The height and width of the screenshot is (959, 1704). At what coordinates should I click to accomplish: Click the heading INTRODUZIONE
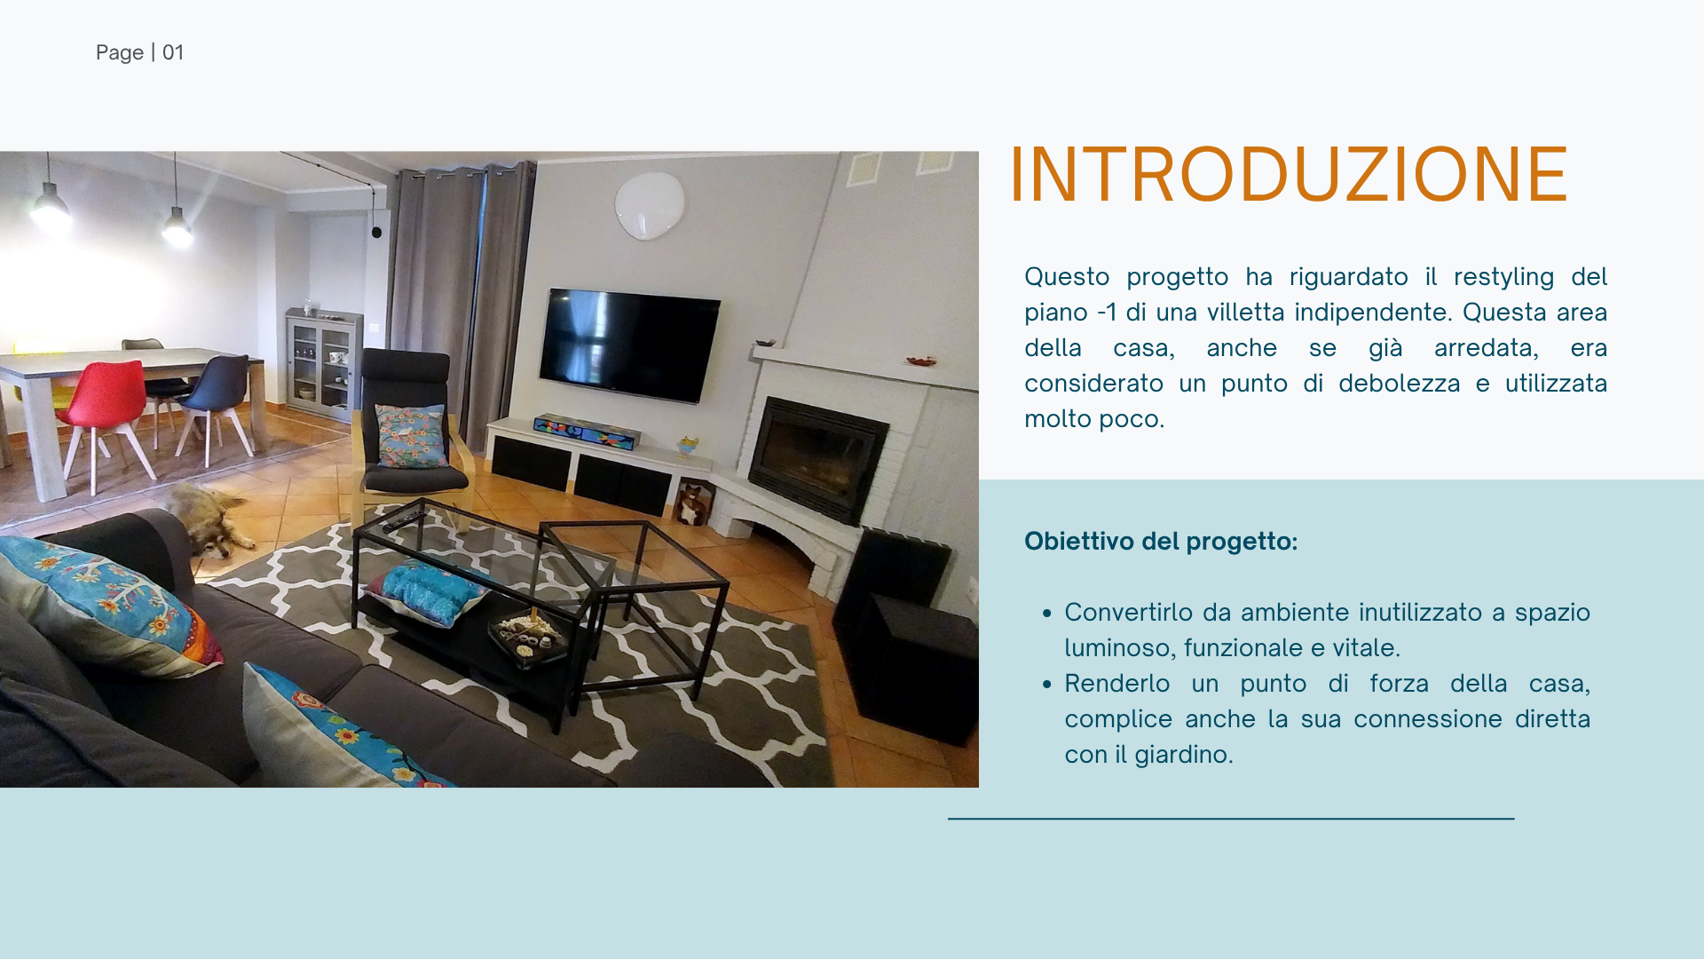tap(1289, 174)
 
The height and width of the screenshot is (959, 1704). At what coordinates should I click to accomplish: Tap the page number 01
tap(173, 52)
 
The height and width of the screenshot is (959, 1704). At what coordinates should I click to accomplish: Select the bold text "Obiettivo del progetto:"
tap(1161, 541)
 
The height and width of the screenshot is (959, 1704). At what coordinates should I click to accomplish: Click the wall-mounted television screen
tap(629, 345)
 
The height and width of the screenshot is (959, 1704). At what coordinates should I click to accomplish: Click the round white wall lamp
tap(650, 205)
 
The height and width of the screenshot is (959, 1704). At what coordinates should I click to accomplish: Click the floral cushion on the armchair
tap(411, 435)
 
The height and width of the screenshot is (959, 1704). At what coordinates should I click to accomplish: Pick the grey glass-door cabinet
tap(323, 364)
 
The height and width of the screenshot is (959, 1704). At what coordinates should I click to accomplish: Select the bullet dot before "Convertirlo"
tap(1047, 613)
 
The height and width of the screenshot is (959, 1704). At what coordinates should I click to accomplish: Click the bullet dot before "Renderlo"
tap(1047, 684)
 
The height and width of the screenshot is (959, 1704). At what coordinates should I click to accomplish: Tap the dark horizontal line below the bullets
tap(1231, 818)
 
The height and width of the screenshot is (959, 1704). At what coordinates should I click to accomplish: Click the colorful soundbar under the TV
tap(586, 432)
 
